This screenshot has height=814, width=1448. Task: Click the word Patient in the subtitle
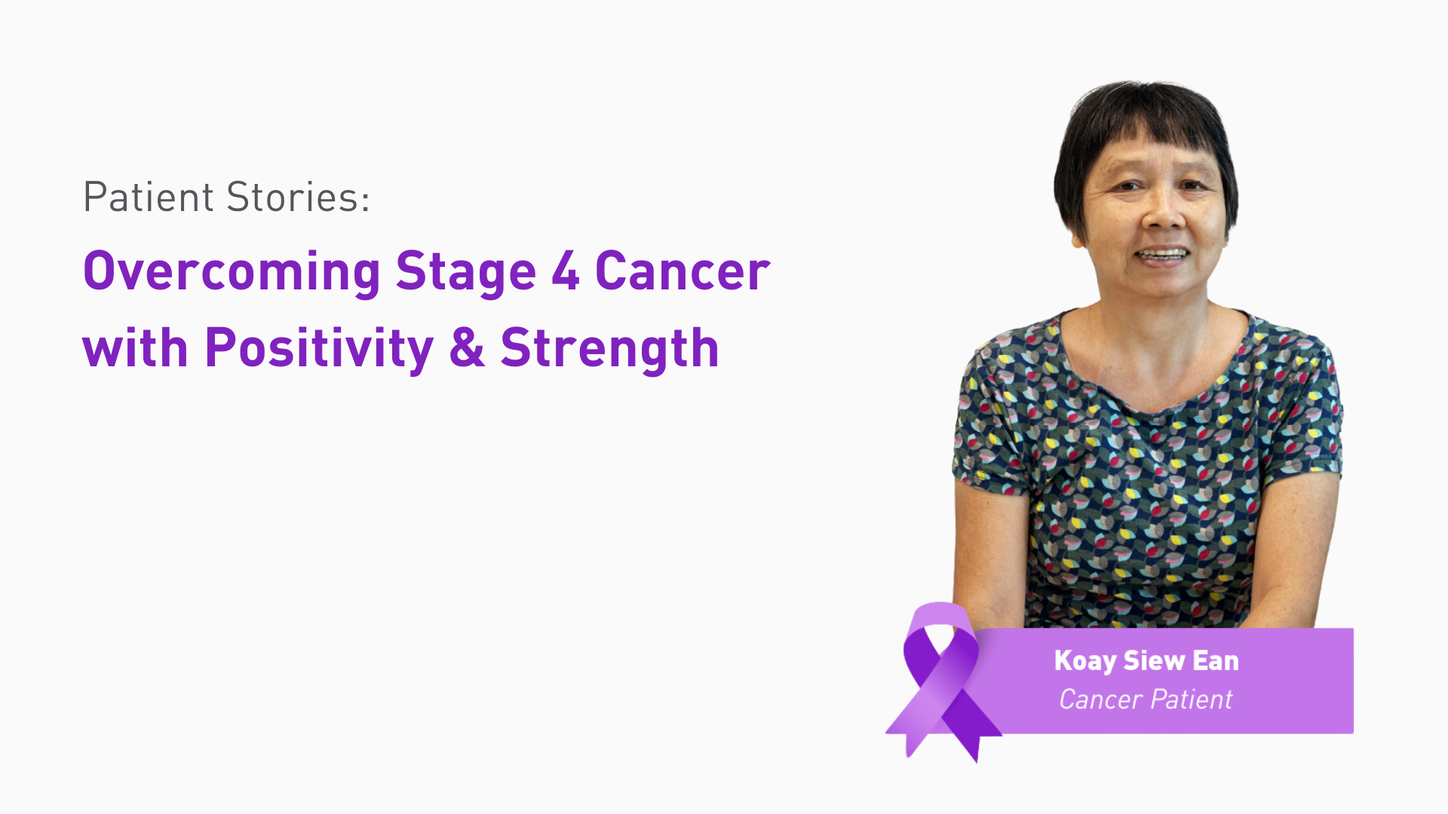(x=149, y=197)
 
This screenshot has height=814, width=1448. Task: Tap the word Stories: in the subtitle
(x=298, y=197)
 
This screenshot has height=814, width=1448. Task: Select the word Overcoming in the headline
(x=232, y=271)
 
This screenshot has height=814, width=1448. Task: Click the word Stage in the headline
(x=465, y=271)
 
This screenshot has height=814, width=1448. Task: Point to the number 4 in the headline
(x=566, y=271)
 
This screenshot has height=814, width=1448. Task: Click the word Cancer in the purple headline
(x=683, y=271)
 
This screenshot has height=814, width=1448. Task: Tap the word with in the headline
(x=135, y=348)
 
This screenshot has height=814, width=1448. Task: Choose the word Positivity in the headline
(x=319, y=348)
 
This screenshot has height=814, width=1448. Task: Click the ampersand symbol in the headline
(x=467, y=348)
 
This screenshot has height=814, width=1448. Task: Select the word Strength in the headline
(x=609, y=348)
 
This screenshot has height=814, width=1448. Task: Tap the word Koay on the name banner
(x=1085, y=661)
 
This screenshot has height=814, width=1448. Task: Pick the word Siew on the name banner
(x=1154, y=661)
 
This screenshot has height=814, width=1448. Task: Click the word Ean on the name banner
(x=1216, y=661)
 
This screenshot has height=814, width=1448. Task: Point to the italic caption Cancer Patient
(x=1146, y=699)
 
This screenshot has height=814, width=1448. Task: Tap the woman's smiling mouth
(x=1163, y=255)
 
